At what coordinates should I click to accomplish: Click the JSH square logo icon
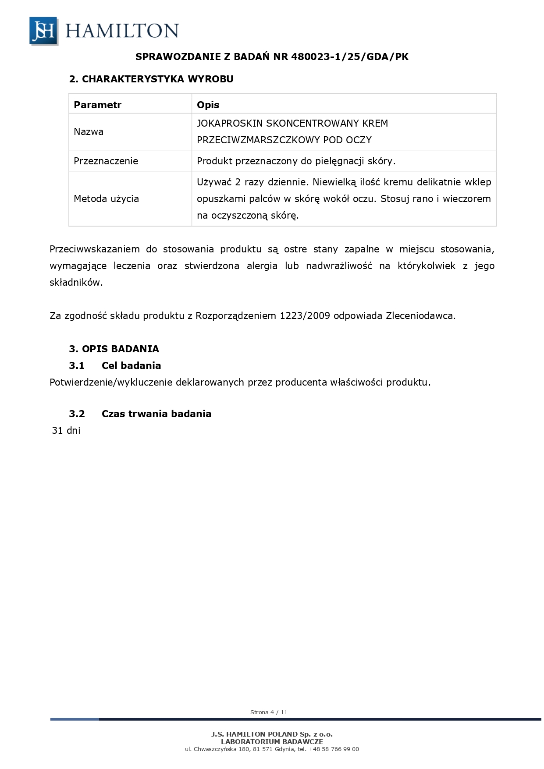(x=43, y=31)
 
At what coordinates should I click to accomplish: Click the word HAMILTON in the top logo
(x=122, y=31)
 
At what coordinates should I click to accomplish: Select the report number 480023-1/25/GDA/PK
(x=350, y=57)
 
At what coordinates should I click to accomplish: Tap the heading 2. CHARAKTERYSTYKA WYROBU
(x=151, y=79)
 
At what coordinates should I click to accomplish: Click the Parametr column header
(x=97, y=105)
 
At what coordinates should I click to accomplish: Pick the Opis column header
(x=208, y=105)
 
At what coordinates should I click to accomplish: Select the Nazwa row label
(x=89, y=132)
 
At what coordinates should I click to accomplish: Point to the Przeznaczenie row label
(x=106, y=161)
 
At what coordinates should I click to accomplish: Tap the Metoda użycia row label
(x=106, y=199)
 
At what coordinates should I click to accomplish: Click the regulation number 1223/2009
(x=305, y=316)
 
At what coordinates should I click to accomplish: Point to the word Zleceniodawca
(x=420, y=316)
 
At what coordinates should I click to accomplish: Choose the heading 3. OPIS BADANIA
(x=114, y=349)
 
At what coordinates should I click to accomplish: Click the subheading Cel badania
(x=131, y=366)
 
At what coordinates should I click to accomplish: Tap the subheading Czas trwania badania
(x=156, y=414)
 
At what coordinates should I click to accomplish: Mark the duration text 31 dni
(x=66, y=431)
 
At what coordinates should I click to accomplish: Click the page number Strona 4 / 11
(x=269, y=712)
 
